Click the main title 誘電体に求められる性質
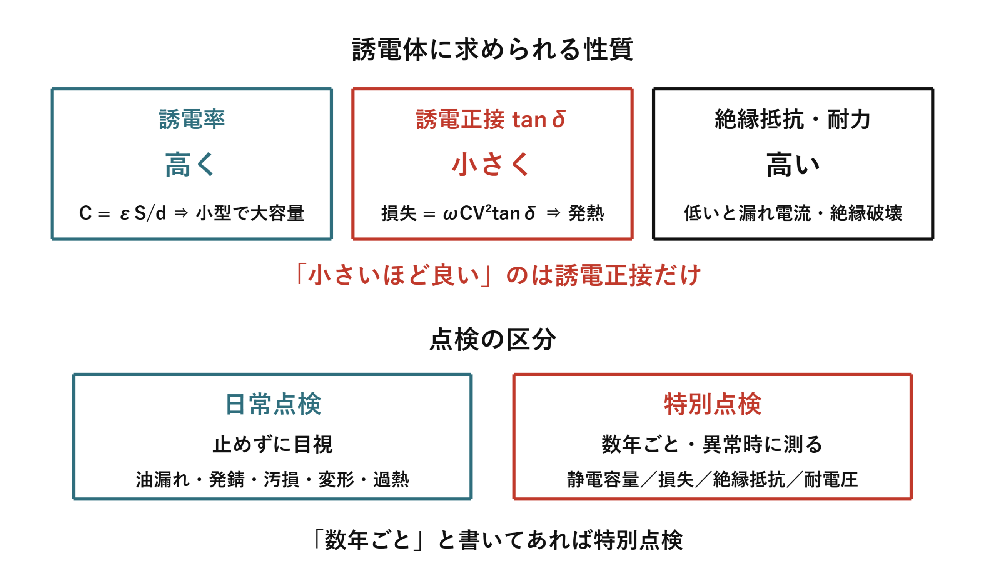tap(492, 50)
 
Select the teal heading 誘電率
tap(192, 119)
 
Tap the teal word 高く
tap(190, 165)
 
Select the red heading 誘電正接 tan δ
tap(491, 119)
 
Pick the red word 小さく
tap(491, 165)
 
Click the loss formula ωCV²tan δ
tap(489, 212)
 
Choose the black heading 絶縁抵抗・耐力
tap(793, 119)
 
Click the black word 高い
tap(793, 165)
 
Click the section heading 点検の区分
tap(492, 339)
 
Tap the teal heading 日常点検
tap(273, 404)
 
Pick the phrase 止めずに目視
tap(272, 444)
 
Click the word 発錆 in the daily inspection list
tap(227, 480)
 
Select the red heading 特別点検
tap(713, 404)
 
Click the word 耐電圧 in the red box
tap(831, 480)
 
